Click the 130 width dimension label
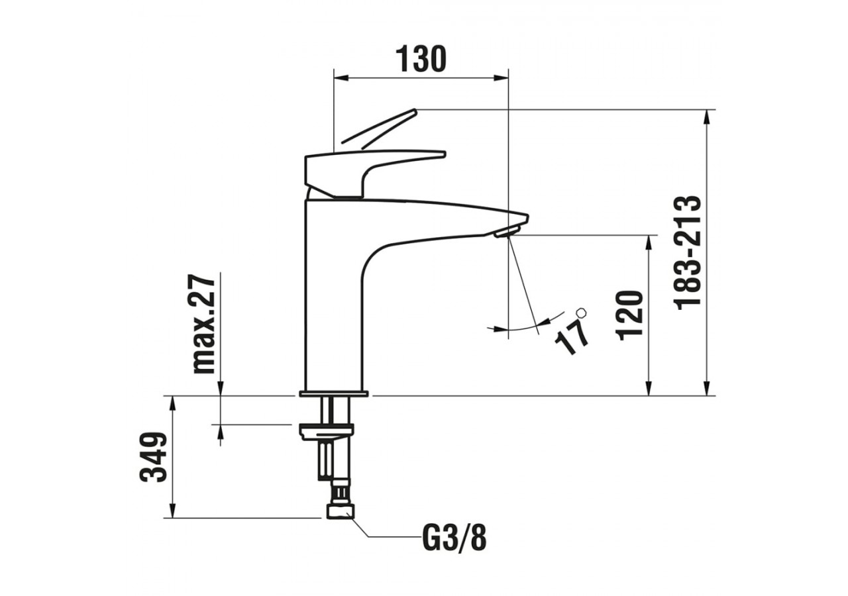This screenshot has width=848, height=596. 421,60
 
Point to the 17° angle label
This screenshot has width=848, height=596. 574,335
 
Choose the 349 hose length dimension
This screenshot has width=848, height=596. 154,457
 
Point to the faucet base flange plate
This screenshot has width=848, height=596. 333,394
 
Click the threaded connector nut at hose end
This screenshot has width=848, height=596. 340,511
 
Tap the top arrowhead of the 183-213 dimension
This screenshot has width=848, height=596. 708,115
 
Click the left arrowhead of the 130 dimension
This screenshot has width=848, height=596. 339,78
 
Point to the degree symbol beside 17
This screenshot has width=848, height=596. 582,312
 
